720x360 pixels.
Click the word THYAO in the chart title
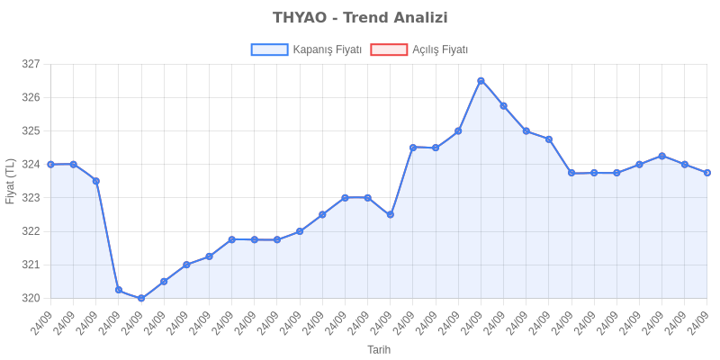coord(301,18)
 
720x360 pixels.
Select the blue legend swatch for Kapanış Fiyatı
coord(269,50)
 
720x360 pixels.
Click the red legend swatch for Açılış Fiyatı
coord(389,50)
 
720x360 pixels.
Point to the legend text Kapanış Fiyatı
coord(328,50)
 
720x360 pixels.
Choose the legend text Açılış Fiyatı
coord(440,50)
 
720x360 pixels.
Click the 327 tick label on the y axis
coord(31,65)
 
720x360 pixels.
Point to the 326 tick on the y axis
coord(31,98)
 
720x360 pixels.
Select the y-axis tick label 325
coord(31,131)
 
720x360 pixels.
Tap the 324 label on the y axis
coord(31,165)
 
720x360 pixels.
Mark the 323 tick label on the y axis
coord(31,198)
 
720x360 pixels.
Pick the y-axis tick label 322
coord(31,231)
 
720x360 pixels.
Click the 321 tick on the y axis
coord(31,265)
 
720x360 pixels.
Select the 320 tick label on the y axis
coord(31,298)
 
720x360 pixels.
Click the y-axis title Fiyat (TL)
coord(11,181)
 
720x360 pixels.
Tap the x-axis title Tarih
coord(378,349)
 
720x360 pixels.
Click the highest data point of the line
coord(481,81)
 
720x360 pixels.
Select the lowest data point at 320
coord(141,298)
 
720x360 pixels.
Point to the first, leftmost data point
coord(50,164)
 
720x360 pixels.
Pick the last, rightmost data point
coord(707,173)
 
